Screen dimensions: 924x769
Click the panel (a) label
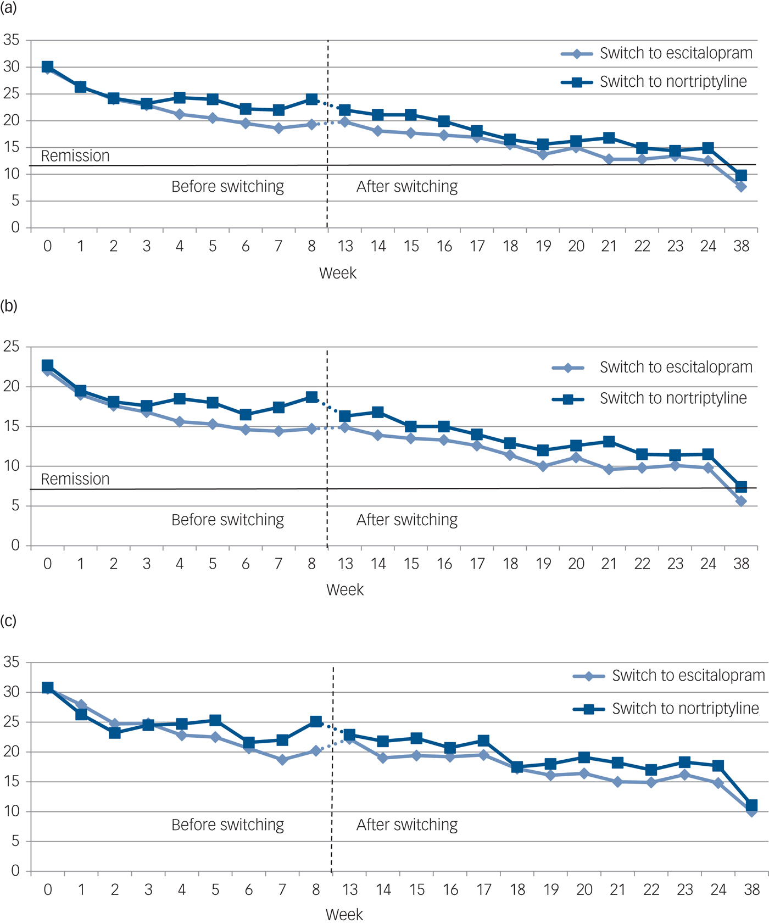pyautogui.click(x=8, y=9)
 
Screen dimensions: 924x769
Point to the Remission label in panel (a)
pyautogui.click(x=75, y=156)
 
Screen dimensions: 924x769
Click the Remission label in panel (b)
pyautogui.click(x=75, y=479)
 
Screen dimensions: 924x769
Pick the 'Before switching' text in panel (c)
pyautogui.click(x=227, y=825)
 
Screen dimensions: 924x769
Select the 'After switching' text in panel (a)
pyautogui.click(x=407, y=187)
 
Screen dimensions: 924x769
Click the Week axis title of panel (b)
pyautogui.click(x=345, y=589)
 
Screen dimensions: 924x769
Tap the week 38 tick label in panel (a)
pyautogui.click(x=741, y=246)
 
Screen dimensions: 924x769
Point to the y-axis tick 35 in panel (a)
pyautogui.click(x=11, y=40)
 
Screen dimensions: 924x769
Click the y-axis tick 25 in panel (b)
pyautogui.click(x=11, y=347)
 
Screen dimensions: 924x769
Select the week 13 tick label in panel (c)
pyautogui.click(x=350, y=889)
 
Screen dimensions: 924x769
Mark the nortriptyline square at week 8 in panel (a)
pyautogui.click(x=311, y=99)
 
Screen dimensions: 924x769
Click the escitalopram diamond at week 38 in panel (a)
pyautogui.click(x=741, y=187)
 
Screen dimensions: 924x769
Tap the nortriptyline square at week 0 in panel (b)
pyautogui.click(x=48, y=365)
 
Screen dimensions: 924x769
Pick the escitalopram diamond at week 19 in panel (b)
pyautogui.click(x=543, y=466)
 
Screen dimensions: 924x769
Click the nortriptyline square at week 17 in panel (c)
pyautogui.click(x=484, y=741)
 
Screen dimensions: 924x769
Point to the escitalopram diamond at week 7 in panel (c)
pyautogui.click(x=282, y=760)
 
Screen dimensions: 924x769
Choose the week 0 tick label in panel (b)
pyautogui.click(x=48, y=564)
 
